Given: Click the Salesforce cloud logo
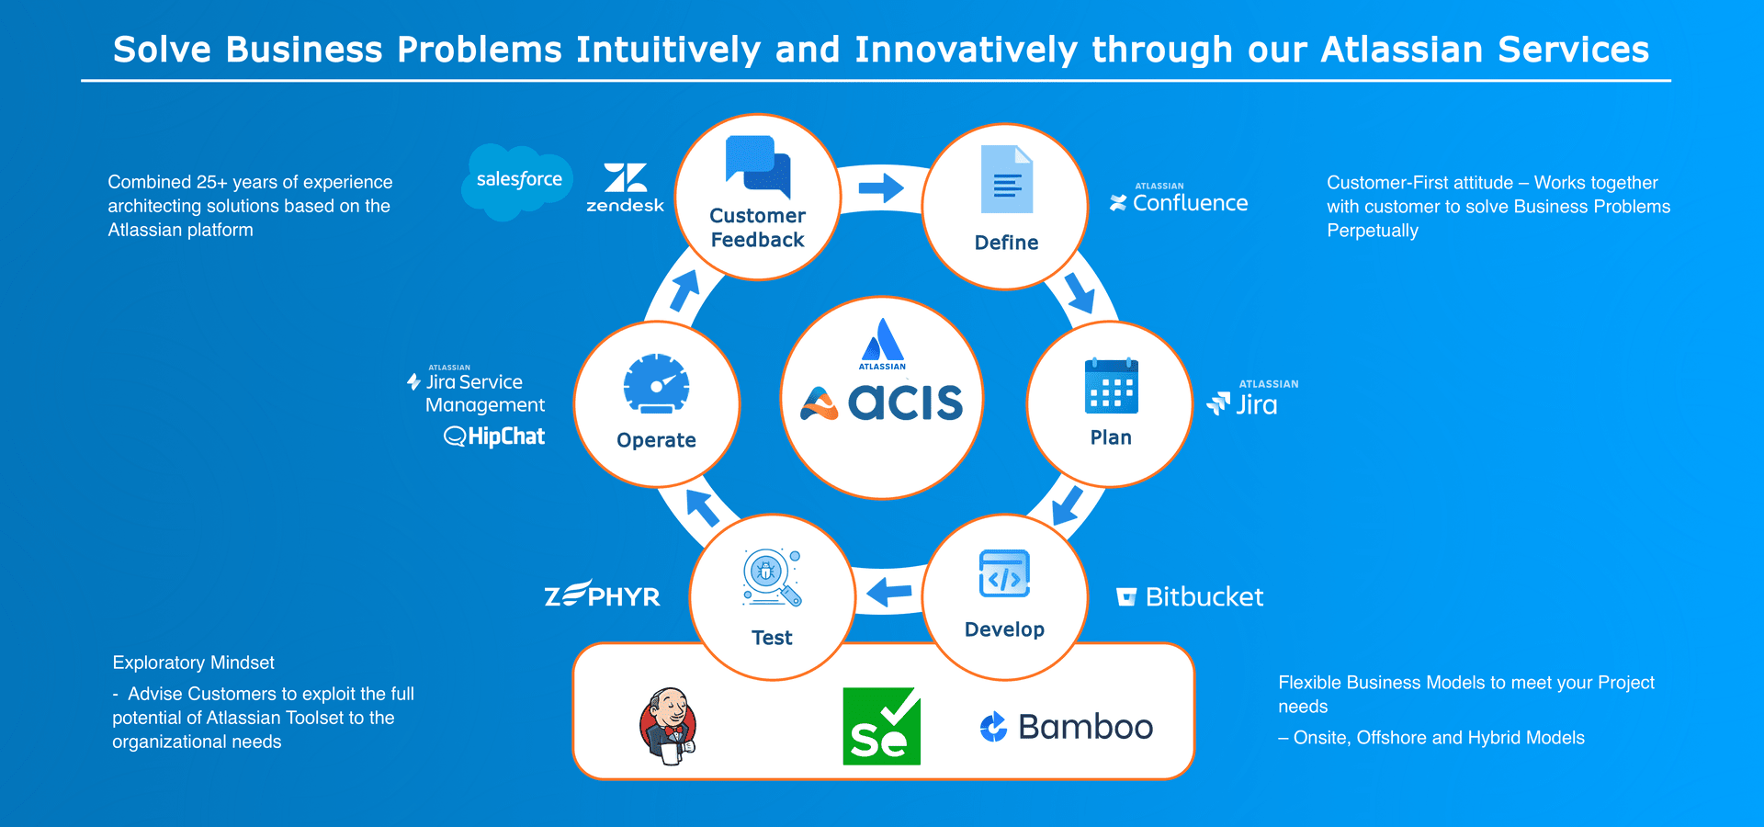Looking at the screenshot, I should tap(517, 180).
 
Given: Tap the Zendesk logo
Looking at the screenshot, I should tap(625, 188).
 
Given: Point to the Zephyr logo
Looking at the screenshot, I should tap(603, 595).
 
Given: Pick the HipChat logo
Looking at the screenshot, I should tap(495, 436).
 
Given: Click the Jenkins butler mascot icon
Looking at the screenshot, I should tap(668, 726).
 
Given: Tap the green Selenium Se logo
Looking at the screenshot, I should tap(881, 726).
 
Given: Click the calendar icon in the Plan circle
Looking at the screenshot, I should tap(1111, 386).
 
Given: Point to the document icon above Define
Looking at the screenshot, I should tap(1007, 179).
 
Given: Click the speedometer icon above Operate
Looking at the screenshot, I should tap(656, 384).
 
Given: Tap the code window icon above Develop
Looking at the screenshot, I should tap(1004, 574).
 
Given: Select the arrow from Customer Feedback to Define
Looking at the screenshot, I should tap(881, 188).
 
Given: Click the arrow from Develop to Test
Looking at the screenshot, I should tap(888, 592).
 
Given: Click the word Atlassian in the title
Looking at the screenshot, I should tap(1401, 50).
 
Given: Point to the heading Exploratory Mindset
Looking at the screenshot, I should tap(193, 663).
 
